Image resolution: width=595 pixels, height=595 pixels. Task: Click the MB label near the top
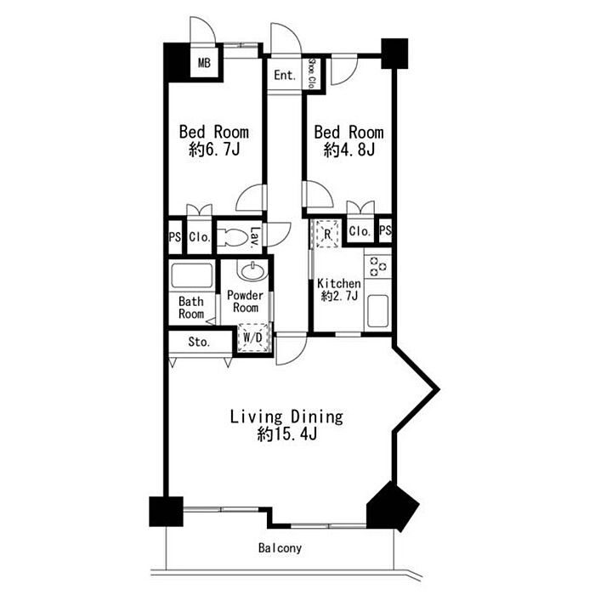tap(204, 63)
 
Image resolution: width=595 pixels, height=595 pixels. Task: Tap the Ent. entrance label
tap(285, 75)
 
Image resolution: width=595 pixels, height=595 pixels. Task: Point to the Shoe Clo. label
tap(312, 73)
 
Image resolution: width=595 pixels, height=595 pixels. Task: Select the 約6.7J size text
tap(214, 150)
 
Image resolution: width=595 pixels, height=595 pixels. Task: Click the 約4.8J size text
tap(349, 150)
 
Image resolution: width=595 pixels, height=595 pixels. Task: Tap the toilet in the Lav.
tap(233, 237)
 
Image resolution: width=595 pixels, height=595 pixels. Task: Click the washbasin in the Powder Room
tap(253, 270)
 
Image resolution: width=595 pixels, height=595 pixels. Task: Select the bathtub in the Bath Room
tap(191, 275)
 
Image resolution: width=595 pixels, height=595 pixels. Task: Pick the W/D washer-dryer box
tap(252, 337)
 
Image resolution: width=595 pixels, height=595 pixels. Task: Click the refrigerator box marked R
tap(327, 234)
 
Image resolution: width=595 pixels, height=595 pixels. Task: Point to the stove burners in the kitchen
tap(378, 265)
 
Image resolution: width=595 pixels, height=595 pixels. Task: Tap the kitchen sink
tap(378, 311)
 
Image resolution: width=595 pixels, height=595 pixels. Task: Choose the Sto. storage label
tap(199, 342)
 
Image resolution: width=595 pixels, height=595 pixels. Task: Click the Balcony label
tap(280, 548)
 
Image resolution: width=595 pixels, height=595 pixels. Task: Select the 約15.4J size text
tap(287, 434)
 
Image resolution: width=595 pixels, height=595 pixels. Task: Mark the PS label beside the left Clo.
tap(175, 237)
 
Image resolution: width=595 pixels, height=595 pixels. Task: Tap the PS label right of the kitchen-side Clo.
tap(385, 230)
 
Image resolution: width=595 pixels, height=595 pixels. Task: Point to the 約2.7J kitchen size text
tap(339, 296)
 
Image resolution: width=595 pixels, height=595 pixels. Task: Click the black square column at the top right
tap(394, 54)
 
